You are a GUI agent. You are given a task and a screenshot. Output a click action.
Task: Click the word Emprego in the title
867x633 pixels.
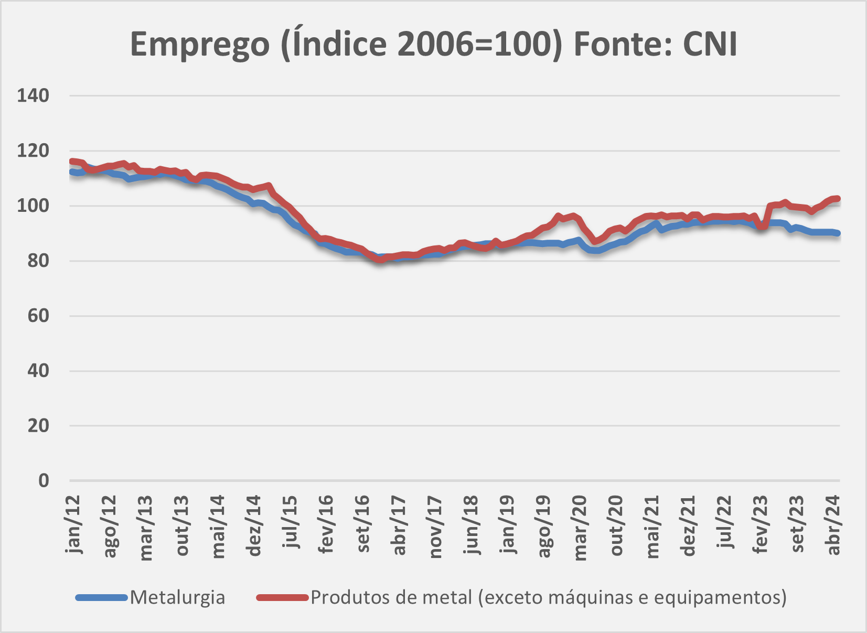click(x=199, y=45)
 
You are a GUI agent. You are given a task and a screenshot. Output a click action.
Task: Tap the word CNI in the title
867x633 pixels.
click(x=710, y=44)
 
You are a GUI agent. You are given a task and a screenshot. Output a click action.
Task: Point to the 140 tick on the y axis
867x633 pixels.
click(x=33, y=96)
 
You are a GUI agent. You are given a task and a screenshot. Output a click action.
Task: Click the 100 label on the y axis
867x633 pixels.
click(x=33, y=206)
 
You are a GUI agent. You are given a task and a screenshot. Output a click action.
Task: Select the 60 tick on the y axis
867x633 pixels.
click(x=38, y=316)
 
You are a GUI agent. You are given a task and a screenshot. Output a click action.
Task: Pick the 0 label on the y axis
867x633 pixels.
click(x=44, y=480)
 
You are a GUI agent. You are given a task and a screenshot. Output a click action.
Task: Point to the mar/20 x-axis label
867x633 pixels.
click(x=580, y=527)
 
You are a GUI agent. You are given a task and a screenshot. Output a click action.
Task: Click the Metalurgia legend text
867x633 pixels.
click(x=177, y=597)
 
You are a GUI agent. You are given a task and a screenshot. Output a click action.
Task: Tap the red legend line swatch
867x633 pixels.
click(x=282, y=597)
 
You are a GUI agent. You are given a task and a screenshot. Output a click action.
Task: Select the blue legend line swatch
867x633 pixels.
click(x=102, y=597)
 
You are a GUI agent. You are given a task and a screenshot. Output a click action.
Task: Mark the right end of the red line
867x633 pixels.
click(x=838, y=199)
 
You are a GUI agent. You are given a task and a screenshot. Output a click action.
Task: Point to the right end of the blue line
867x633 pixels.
click(x=838, y=233)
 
